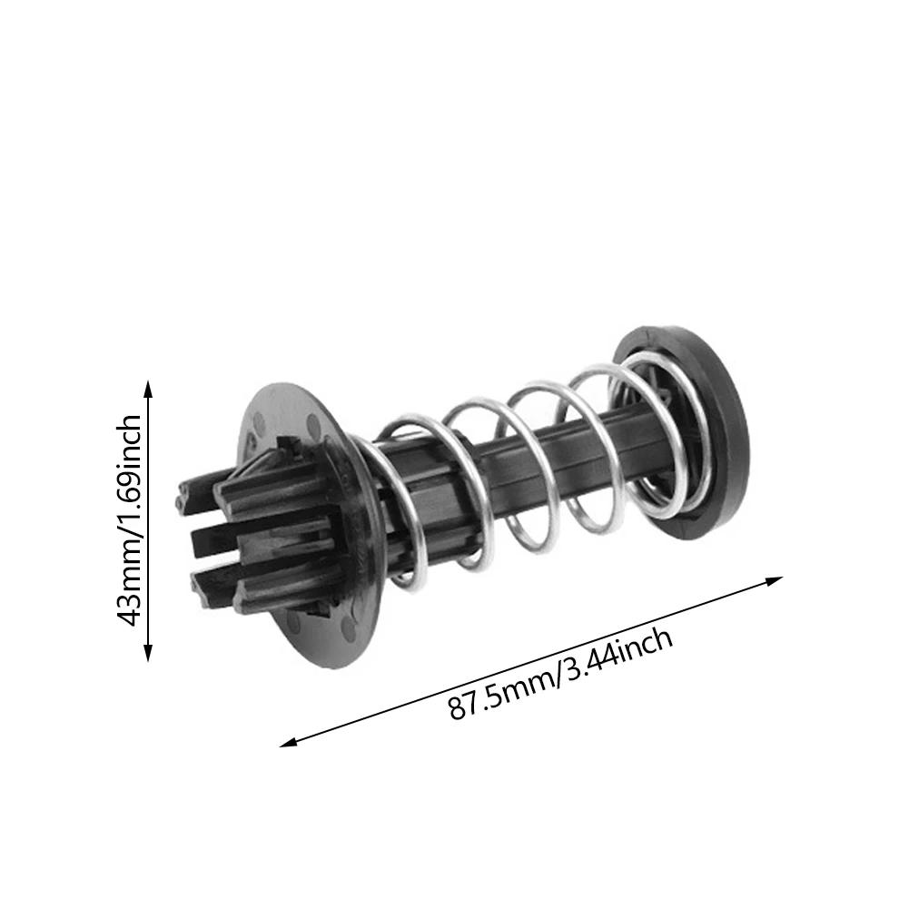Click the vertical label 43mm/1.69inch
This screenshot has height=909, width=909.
tap(130, 520)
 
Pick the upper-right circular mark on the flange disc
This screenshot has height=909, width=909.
tap(314, 421)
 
